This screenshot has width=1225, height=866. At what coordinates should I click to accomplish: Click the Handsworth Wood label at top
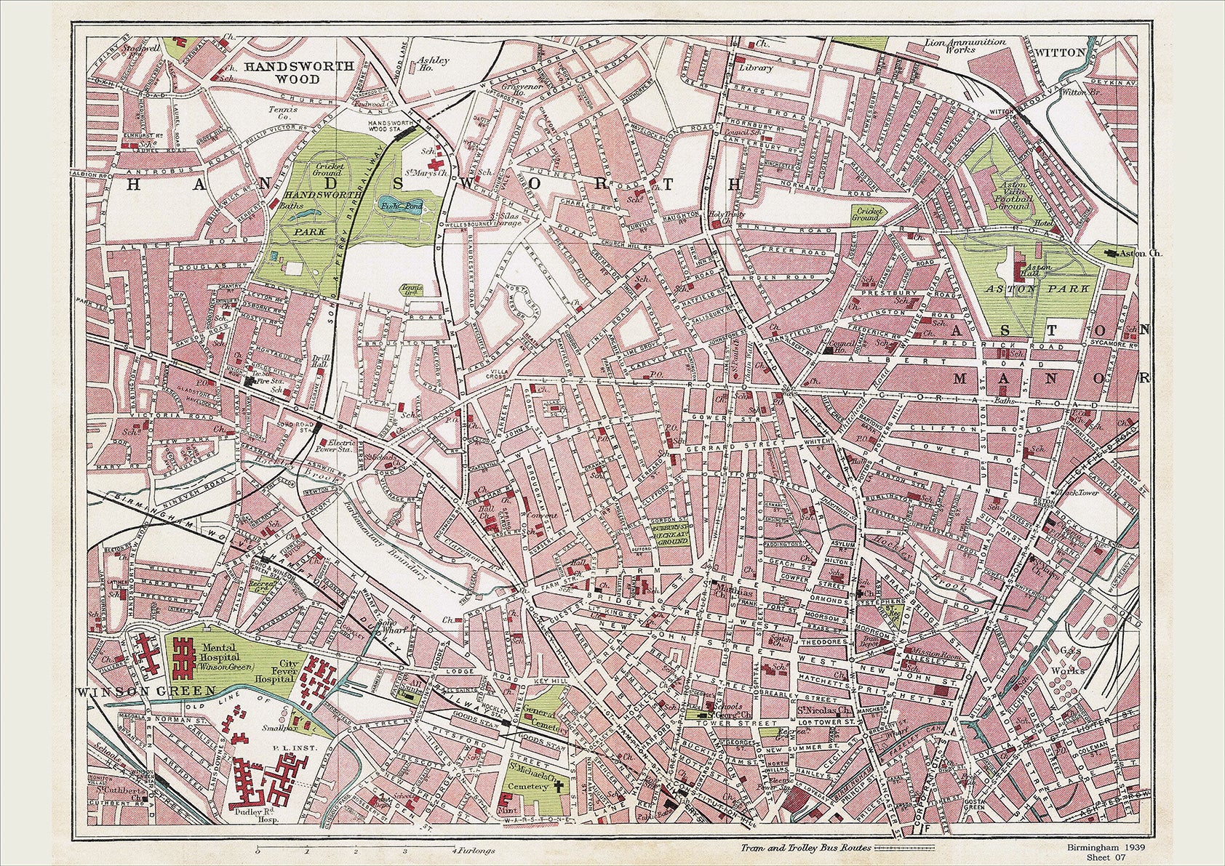(299, 71)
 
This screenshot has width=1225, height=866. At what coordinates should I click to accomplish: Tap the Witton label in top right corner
(1062, 52)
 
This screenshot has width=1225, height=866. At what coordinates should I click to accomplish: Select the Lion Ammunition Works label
(965, 47)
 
